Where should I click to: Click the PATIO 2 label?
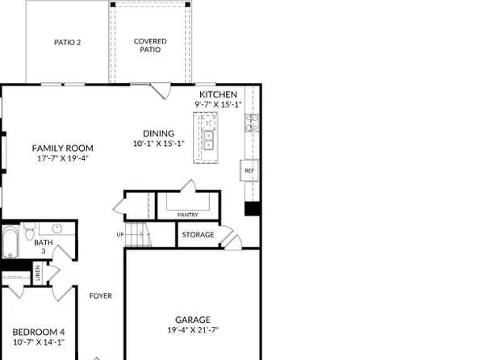click(68, 42)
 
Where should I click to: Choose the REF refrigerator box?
click(249, 171)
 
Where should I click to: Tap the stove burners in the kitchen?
click(251, 123)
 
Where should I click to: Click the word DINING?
click(158, 134)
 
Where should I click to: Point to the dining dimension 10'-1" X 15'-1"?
click(158, 144)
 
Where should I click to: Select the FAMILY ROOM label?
click(62, 149)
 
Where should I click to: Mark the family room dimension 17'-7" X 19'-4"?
click(62, 158)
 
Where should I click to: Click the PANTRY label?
click(187, 215)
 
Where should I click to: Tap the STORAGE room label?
click(198, 235)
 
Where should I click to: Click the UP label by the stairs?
click(121, 235)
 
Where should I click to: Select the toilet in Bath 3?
click(29, 234)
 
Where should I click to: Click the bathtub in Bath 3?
click(10, 242)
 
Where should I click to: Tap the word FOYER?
click(100, 295)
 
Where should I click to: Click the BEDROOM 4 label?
click(38, 332)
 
